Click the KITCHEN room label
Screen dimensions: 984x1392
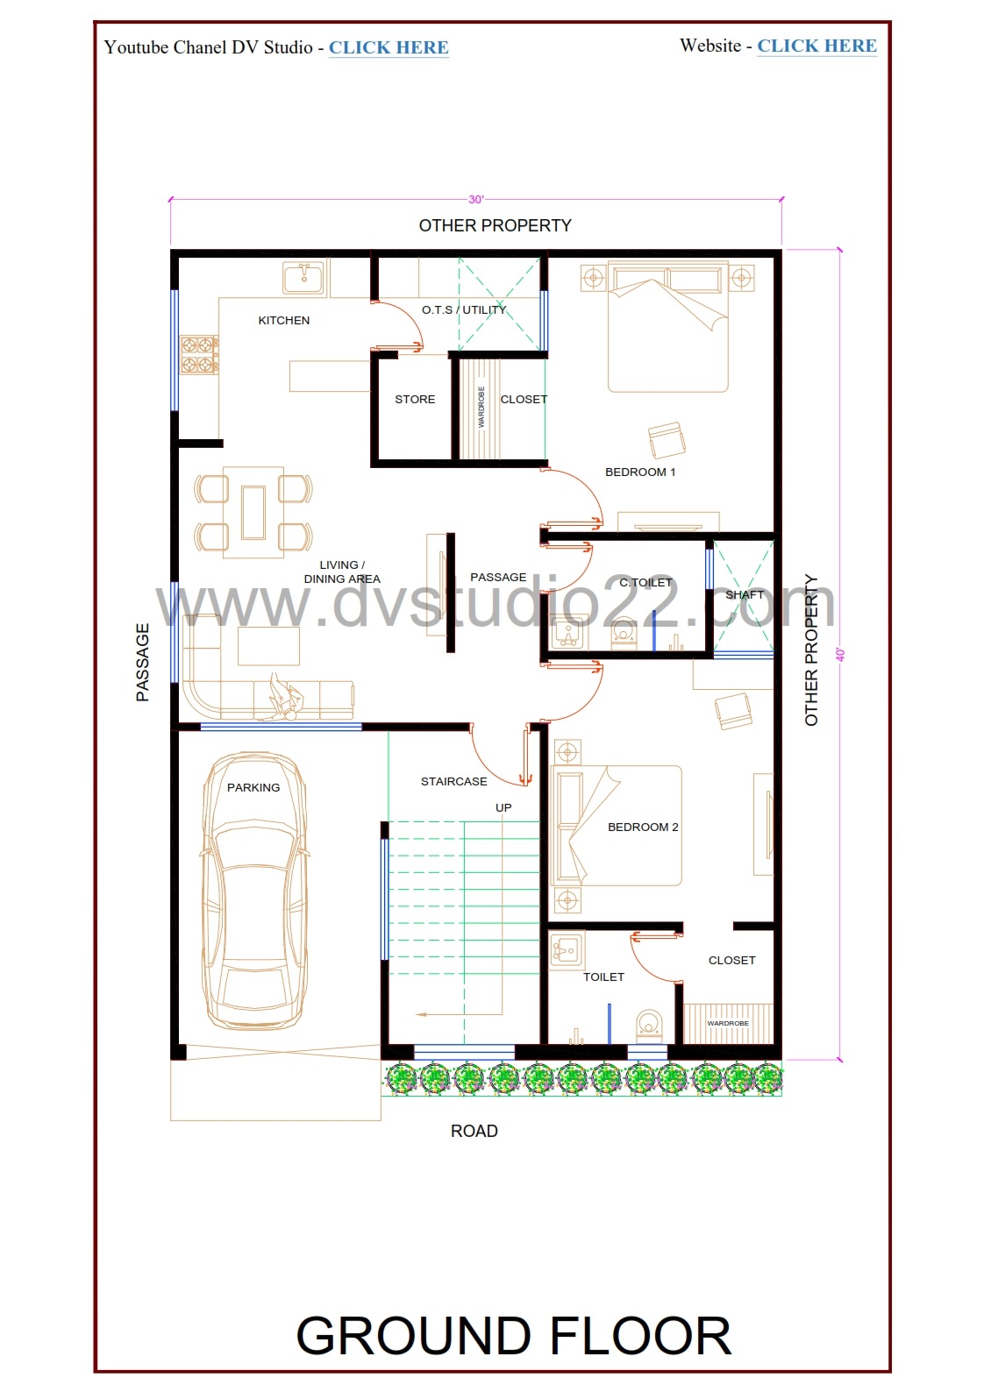(283, 321)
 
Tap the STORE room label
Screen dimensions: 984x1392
(415, 400)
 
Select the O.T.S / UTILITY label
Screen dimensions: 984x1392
(464, 310)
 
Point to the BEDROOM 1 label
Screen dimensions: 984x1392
(640, 472)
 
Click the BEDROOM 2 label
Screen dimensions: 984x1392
(643, 827)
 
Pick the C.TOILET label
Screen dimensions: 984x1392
(645, 583)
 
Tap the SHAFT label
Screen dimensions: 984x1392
(744, 594)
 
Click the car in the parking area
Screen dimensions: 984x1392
(254, 891)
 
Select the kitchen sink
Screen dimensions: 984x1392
(303, 277)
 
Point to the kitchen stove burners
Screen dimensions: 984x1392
(199, 355)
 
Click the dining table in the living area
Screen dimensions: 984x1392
(253, 512)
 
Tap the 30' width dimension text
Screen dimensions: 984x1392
(475, 200)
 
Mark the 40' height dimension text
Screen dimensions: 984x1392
(840, 655)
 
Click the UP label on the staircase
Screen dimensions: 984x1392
(503, 808)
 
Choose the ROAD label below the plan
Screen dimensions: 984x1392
(474, 1131)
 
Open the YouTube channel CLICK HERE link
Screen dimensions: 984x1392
(389, 48)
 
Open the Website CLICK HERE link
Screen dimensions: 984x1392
(816, 46)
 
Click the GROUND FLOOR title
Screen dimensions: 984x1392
(513, 1336)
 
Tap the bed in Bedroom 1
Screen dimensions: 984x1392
(667, 327)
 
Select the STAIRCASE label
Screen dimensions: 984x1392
(453, 782)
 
